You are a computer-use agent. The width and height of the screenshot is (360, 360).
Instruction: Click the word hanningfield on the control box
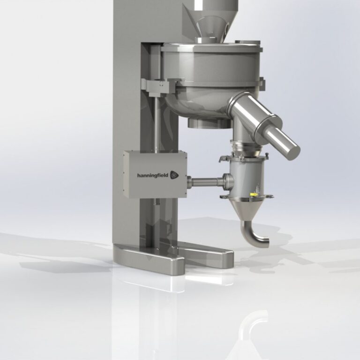click(x=153, y=176)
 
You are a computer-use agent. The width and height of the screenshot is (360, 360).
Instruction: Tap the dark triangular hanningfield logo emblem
click(x=174, y=175)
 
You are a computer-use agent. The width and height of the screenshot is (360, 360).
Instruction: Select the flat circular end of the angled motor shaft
click(x=293, y=152)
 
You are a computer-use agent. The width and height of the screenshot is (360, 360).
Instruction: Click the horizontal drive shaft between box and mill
click(x=205, y=182)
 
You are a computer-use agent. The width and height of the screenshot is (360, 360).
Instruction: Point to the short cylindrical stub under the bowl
click(x=210, y=123)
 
